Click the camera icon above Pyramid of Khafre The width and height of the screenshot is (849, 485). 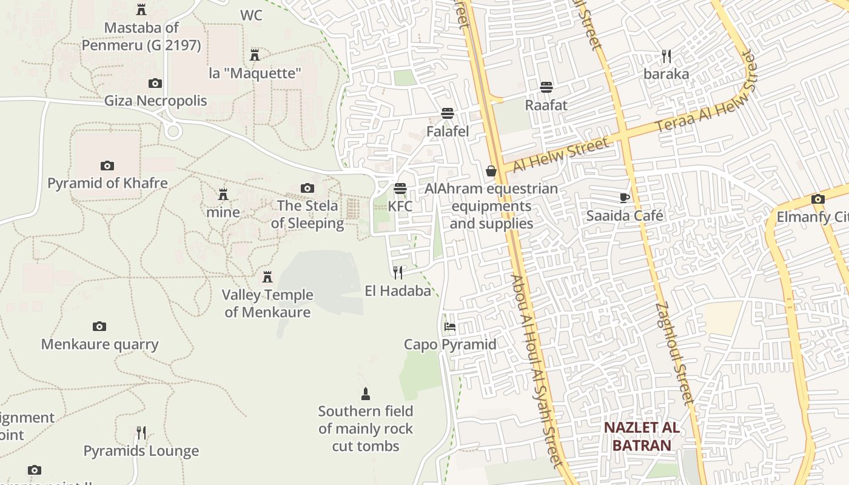point(107,166)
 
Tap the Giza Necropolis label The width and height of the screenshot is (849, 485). point(155,101)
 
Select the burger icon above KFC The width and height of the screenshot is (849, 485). point(400,188)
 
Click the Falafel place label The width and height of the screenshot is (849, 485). point(448,132)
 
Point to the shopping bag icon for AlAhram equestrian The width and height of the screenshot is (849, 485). point(491,172)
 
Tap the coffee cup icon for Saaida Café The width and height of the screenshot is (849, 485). point(625,198)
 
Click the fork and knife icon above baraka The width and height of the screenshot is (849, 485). point(666,56)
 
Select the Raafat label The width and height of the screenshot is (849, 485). point(546,105)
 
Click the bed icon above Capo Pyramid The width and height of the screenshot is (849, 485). point(450,327)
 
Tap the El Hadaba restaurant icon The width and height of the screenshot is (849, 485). point(398,273)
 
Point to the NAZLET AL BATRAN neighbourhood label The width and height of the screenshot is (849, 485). point(642,436)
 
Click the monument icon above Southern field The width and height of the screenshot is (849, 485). point(365,394)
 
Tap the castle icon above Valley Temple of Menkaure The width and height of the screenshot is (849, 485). point(267,277)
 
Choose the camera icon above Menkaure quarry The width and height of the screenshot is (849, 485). point(99,327)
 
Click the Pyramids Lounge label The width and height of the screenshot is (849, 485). point(141,451)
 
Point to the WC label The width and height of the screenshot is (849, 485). point(251,15)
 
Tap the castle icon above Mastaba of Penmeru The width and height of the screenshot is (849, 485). point(141,10)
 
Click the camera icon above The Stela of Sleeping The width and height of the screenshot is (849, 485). point(307,189)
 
